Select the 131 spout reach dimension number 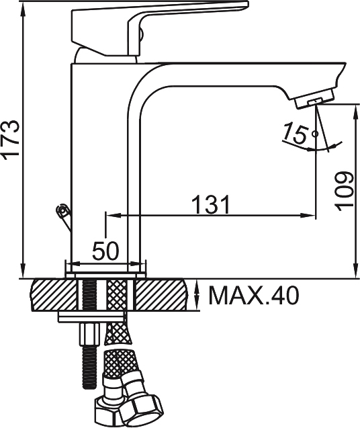pos(211,204)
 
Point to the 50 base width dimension pos(106,251)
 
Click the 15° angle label pos(300,133)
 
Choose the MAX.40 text pos(254,296)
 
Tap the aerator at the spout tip pos(314,99)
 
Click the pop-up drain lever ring pos(62,210)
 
